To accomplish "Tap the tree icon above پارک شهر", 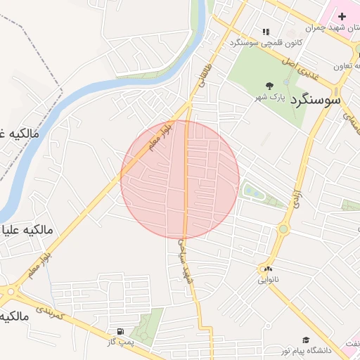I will (x=270, y=85).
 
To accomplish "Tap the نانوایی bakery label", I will (x=267, y=280).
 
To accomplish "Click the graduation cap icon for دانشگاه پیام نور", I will (x=305, y=340).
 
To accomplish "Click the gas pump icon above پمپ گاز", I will (x=120, y=331).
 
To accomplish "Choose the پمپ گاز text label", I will (x=120, y=342).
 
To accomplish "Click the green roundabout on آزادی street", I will (x=283, y=229).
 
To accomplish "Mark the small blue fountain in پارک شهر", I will (x=287, y=82).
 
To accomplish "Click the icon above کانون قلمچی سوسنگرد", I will (x=266, y=31).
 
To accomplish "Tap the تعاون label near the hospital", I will (x=342, y=67).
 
